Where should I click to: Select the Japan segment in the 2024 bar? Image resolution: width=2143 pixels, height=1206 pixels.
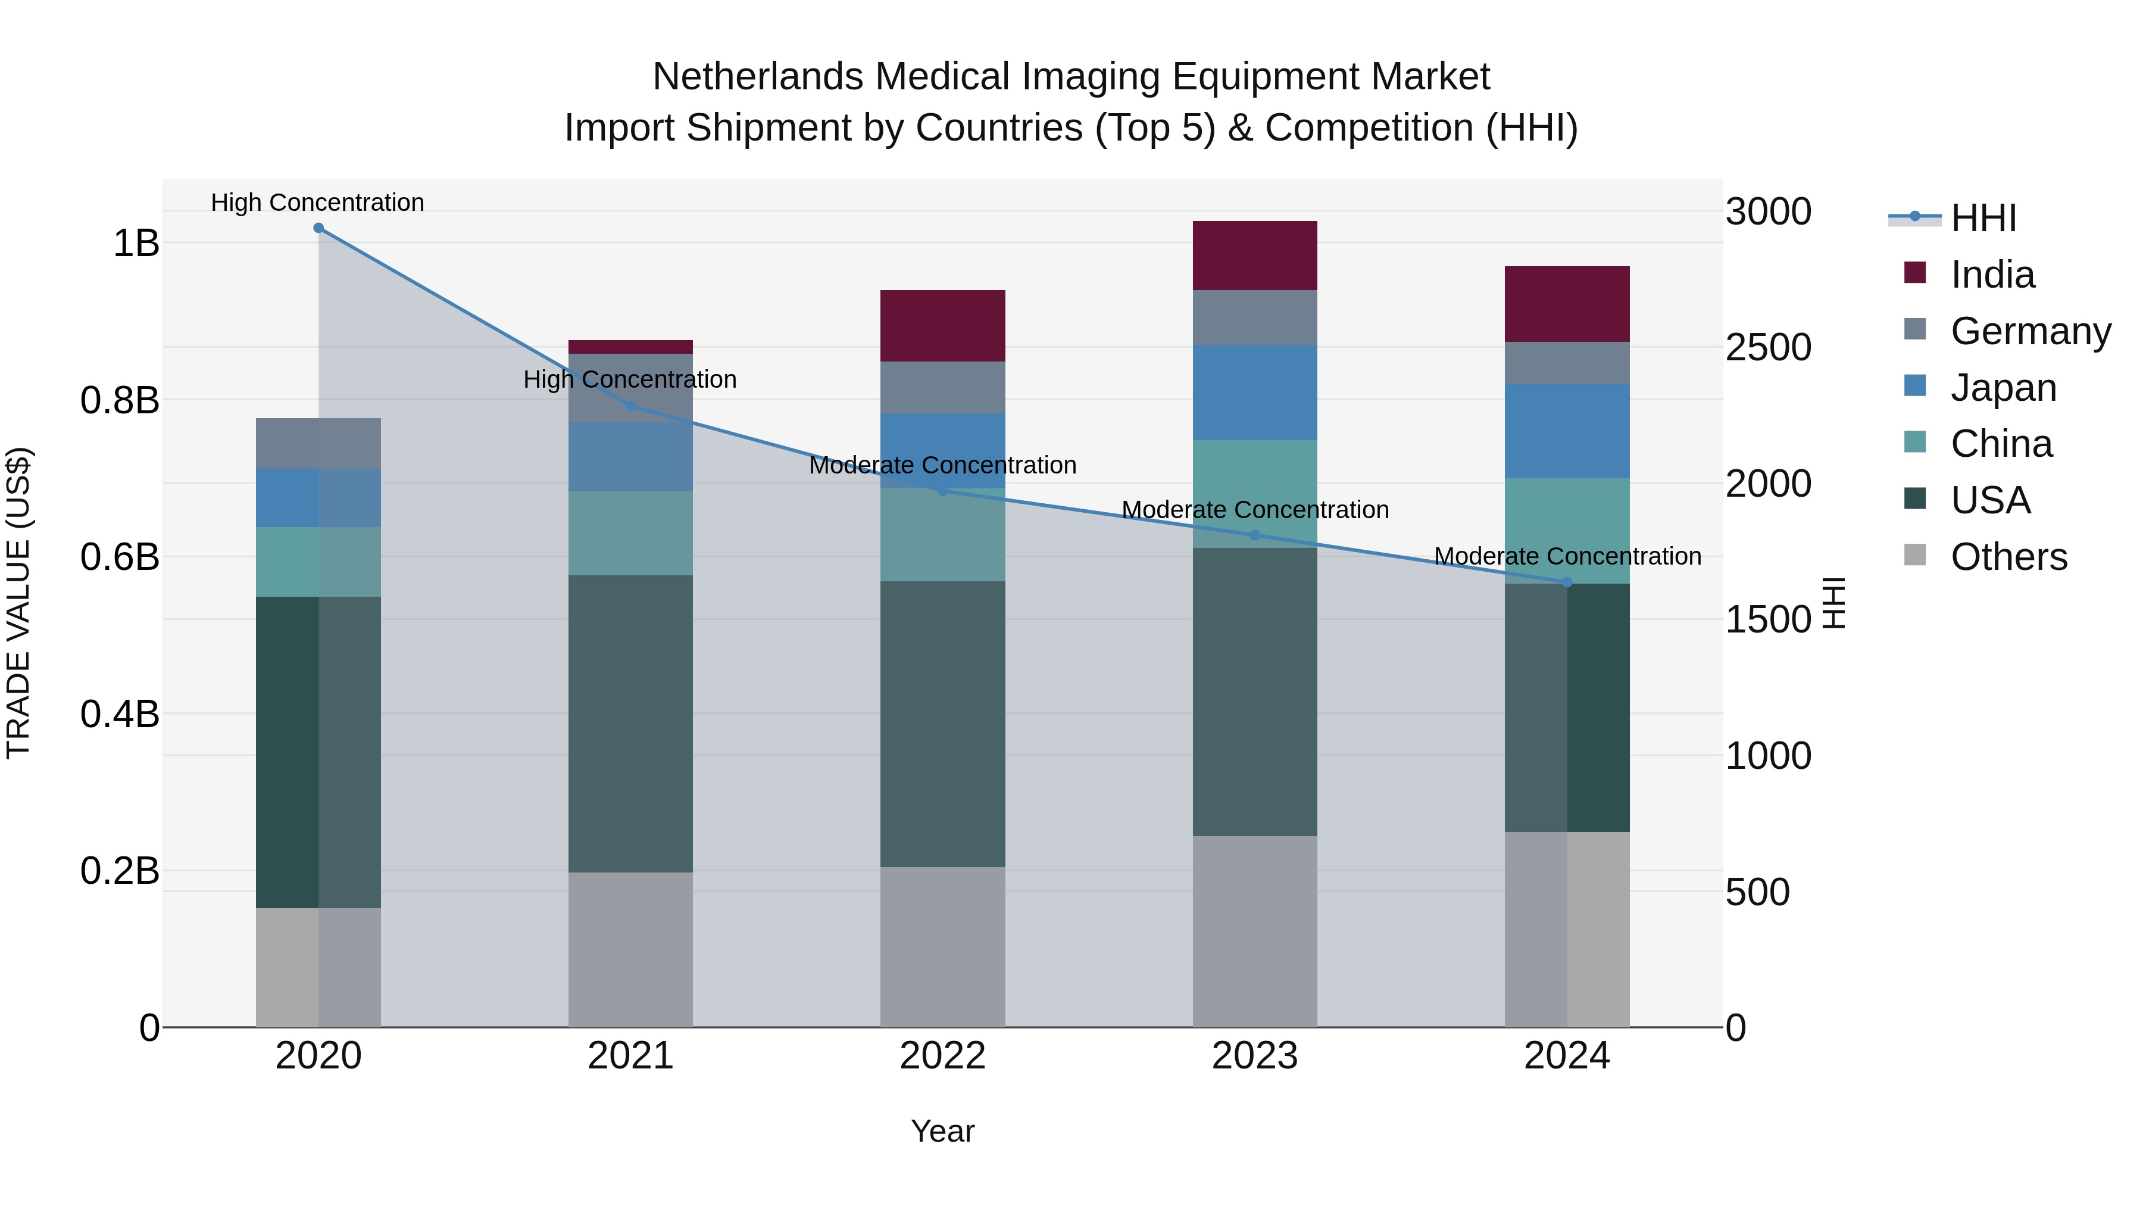(1567, 431)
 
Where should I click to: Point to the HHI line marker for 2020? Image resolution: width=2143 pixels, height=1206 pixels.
(318, 228)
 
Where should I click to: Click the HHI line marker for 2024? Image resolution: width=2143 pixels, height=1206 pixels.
(1567, 582)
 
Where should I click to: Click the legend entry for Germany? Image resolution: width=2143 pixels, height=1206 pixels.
(2030, 331)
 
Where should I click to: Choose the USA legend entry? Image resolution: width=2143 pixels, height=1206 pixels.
(1990, 500)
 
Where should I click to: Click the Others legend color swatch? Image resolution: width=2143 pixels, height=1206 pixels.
(1914, 555)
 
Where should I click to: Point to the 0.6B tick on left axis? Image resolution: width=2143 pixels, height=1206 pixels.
(120, 557)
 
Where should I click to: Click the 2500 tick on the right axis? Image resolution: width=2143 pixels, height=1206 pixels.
(1768, 347)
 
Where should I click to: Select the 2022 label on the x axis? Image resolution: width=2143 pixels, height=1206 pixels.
(942, 1056)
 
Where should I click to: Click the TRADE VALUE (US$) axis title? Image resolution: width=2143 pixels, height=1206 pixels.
(18, 603)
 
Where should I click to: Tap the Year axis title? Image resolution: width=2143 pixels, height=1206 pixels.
(942, 1131)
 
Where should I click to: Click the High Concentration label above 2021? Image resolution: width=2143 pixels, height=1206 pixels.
(630, 379)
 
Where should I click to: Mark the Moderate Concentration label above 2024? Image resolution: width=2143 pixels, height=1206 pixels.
(1567, 556)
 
